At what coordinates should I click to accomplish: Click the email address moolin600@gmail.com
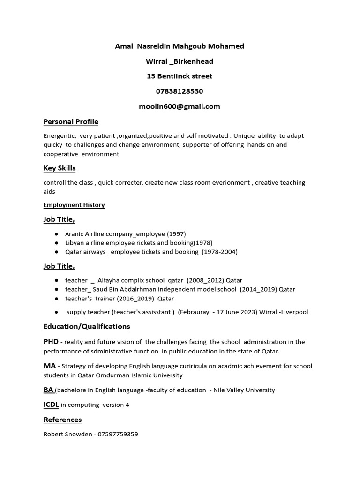[x=180, y=106]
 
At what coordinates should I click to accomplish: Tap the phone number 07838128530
[x=180, y=91]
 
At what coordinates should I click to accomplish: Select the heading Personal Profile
[x=71, y=122]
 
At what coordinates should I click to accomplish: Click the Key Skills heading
[x=60, y=168]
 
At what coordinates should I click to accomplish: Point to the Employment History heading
[x=74, y=205]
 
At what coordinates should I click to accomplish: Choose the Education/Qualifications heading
[x=87, y=326]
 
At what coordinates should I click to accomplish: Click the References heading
[x=62, y=420]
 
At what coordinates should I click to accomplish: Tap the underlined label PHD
[x=51, y=342]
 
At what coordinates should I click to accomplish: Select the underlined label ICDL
[x=52, y=405]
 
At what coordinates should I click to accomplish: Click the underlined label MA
[x=49, y=366]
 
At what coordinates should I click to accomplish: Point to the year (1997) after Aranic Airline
[x=177, y=233]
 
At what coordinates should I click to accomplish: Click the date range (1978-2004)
[x=219, y=252]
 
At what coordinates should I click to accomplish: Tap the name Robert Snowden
[x=67, y=434]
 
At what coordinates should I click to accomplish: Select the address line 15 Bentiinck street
[x=180, y=76]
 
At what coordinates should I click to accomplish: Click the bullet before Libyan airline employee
[x=56, y=243]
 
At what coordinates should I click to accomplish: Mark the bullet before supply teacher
[x=56, y=312]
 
